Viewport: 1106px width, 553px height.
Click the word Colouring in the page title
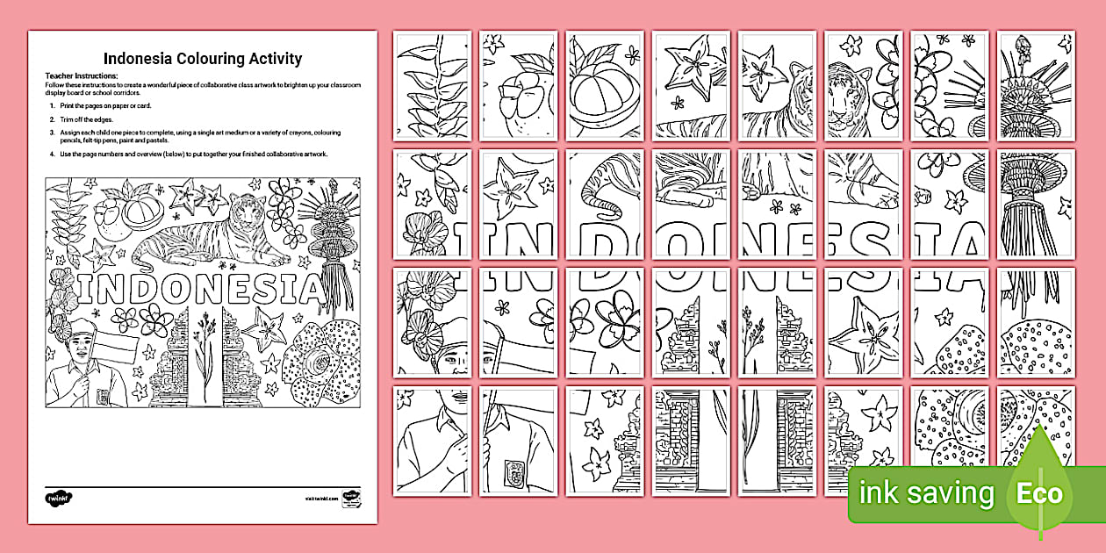[204, 59]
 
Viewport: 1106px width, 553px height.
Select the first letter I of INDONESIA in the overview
[83, 288]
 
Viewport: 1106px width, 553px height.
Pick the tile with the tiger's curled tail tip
[604, 207]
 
